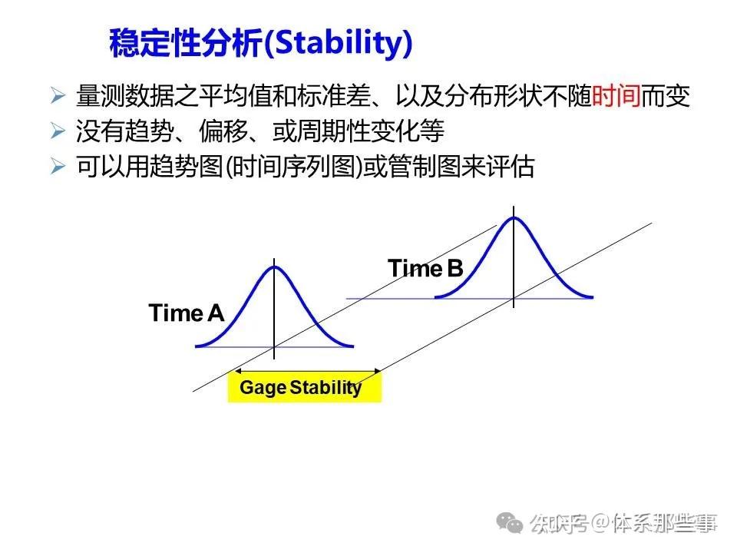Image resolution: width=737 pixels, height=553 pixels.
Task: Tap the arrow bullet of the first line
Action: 58,97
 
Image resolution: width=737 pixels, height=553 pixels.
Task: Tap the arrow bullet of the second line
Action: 58,132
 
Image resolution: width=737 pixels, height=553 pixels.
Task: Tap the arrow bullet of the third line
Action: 58,167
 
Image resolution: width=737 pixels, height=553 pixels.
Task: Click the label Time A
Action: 187,313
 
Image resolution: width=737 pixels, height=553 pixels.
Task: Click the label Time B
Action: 425,269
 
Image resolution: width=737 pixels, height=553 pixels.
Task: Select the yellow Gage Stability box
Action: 304,388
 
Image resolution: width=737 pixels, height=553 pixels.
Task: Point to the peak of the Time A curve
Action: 274,267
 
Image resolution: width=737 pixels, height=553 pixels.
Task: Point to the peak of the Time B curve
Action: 514,217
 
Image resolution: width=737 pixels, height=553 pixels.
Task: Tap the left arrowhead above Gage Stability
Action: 235,373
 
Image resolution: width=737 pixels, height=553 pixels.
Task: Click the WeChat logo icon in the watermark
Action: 511,524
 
